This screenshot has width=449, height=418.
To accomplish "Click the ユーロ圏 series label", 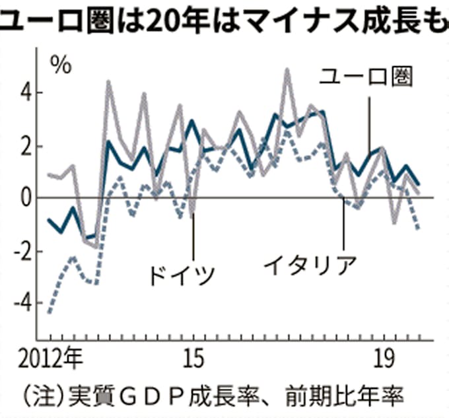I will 366,77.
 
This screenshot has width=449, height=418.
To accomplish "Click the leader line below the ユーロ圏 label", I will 370,122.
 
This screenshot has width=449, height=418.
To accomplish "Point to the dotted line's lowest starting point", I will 50,312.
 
